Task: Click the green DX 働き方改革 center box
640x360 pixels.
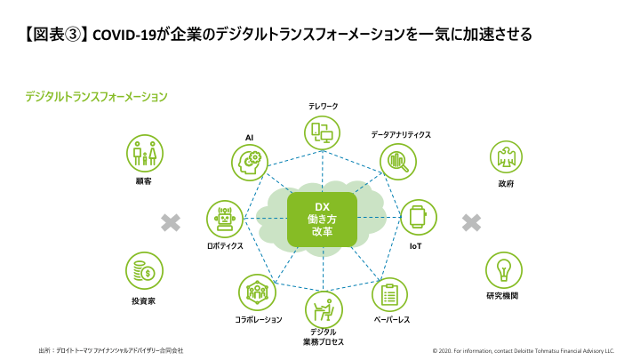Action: pos(322,219)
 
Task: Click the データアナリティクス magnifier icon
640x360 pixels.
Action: pos(396,161)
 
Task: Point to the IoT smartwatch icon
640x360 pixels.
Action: pos(418,218)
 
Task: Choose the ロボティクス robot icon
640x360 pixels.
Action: pos(224,218)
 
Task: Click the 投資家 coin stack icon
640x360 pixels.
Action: pos(143,269)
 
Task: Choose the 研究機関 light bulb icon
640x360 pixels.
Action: pos(503,269)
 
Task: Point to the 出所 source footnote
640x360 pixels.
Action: pos(111,350)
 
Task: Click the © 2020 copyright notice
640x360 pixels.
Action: pos(523,350)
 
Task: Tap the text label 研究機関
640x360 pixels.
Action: pos(502,296)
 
